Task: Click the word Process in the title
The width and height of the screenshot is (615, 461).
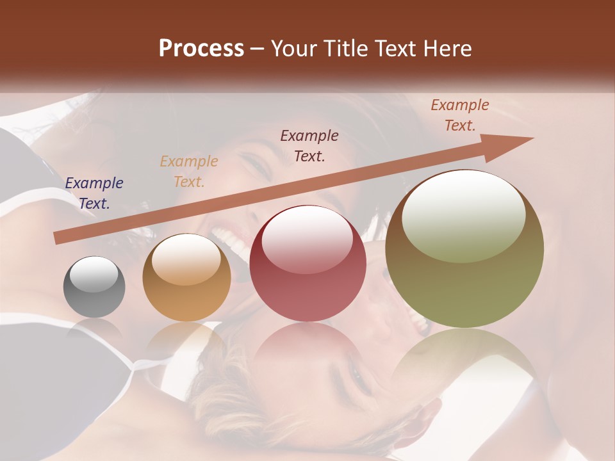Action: pos(201,49)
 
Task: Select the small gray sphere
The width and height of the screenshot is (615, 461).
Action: pos(94,287)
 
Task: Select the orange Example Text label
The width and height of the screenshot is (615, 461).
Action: pos(189,172)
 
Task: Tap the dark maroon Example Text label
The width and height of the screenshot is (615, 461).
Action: pos(309,146)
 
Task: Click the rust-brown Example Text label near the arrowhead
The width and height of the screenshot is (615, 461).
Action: pos(460,115)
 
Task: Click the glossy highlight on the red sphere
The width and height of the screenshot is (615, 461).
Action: pos(307,241)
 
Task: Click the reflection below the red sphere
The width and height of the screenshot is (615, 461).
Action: pos(307,349)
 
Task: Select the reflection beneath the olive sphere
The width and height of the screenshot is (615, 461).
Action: pos(464,359)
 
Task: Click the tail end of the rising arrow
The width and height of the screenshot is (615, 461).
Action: pos(59,238)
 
